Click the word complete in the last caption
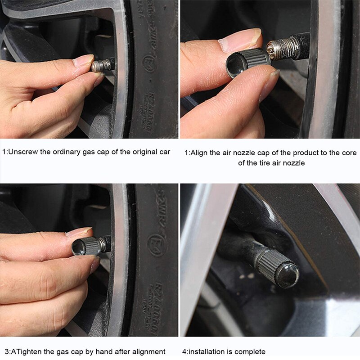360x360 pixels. [251, 351]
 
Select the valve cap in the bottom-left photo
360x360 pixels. [88, 247]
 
